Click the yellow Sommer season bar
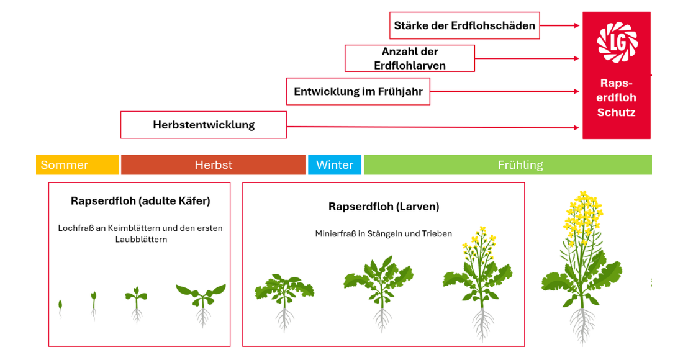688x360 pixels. click(x=77, y=164)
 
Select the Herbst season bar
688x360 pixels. click(x=213, y=164)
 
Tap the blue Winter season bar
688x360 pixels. click(x=334, y=164)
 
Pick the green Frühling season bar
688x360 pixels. click(x=507, y=164)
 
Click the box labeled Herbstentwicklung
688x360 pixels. click(x=204, y=125)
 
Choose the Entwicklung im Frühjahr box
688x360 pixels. click(x=358, y=92)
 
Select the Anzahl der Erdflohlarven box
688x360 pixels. click(x=410, y=58)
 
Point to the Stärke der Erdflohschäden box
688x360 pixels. click(x=464, y=25)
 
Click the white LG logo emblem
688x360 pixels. click(x=617, y=42)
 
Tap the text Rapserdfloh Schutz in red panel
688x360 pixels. click(x=617, y=97)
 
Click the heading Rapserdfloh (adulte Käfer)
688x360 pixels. click(x=140, y=201)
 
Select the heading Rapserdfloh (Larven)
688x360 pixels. click(x=384, y=207)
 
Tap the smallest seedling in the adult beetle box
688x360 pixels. click(x=60, y=307)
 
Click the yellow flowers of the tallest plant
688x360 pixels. click(x=582, y=214)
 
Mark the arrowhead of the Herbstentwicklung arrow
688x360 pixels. click(x=576, y=128)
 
